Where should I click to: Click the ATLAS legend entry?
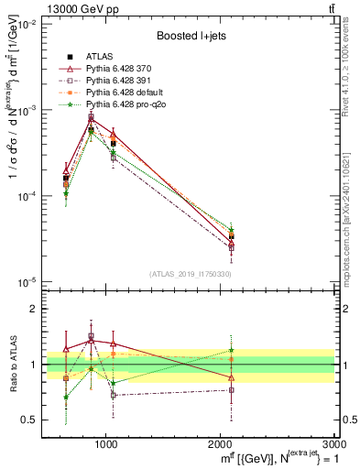tap(97, 58)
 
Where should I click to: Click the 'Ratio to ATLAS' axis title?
tap(14, 365)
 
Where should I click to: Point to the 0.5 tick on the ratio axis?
tap(29, 420)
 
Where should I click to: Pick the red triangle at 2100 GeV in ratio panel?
tap(232, 377)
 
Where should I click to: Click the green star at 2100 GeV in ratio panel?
tap(232, 350)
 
